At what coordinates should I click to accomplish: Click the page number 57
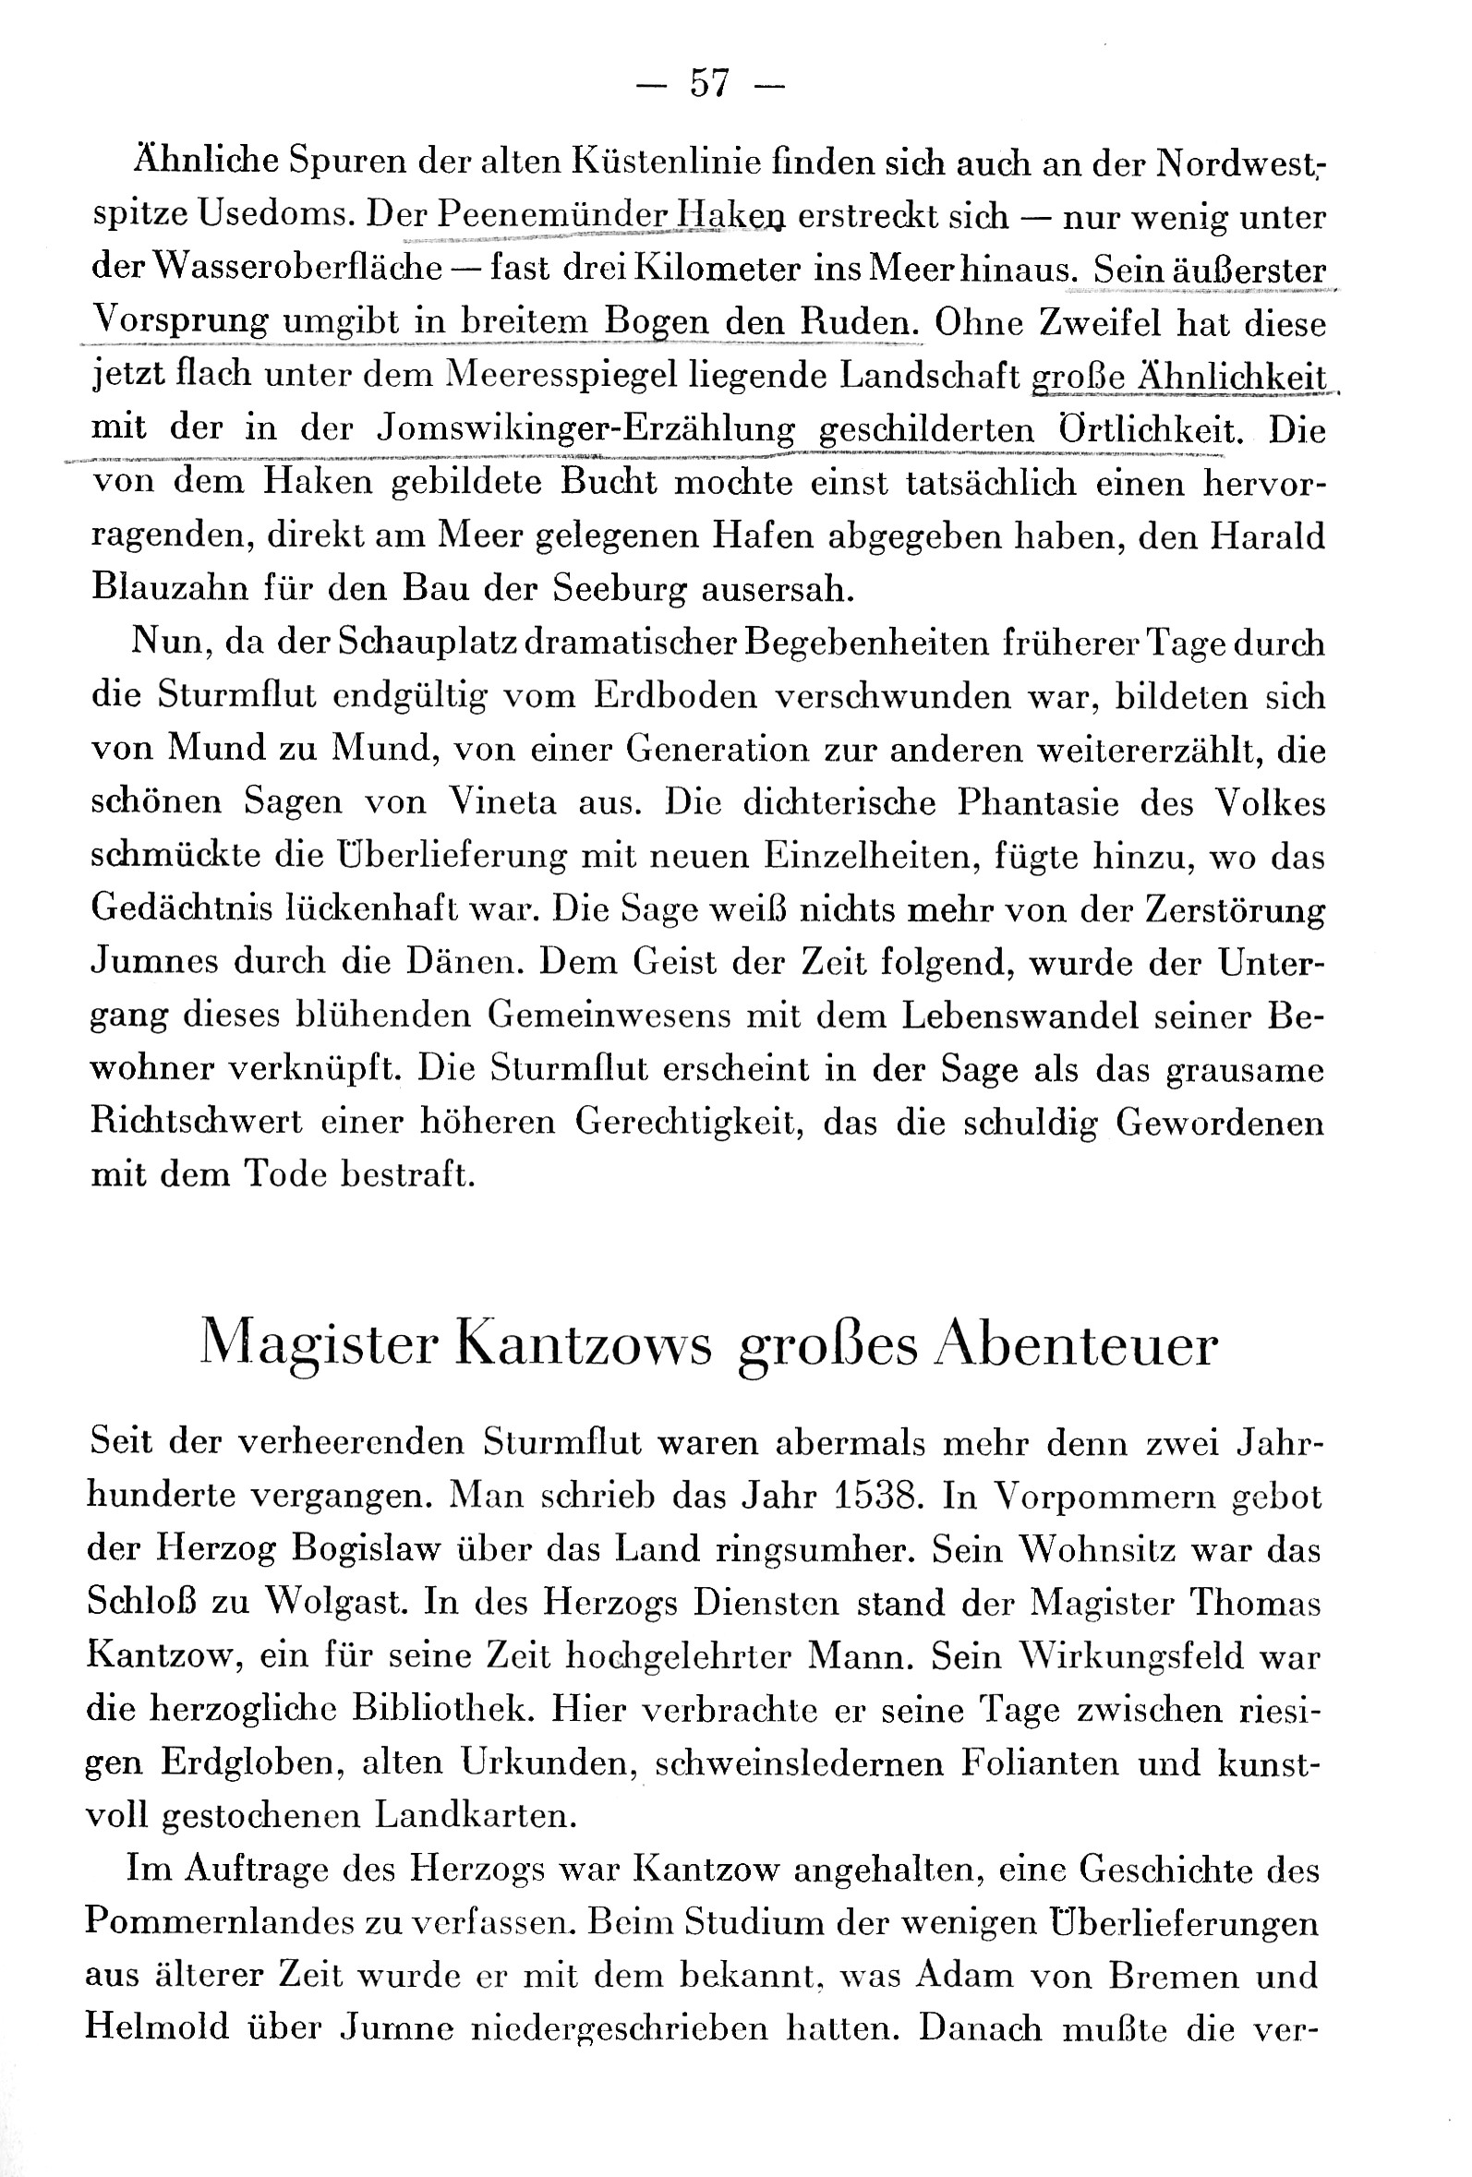click(709, 84)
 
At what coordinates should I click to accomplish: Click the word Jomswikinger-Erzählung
click(585, 428)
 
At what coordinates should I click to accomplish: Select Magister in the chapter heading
click(320, 1346)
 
